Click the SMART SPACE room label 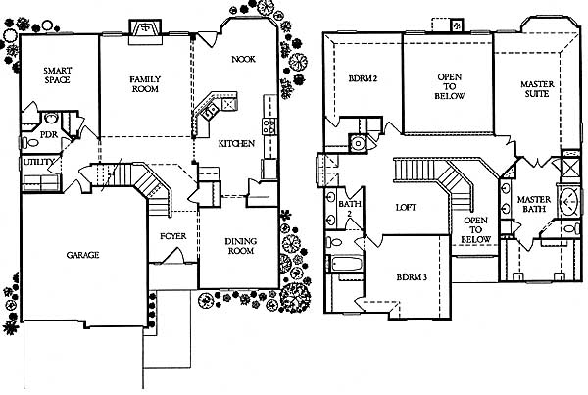[x=58, y=75]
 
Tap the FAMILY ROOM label [x=145, y=84]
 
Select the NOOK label [x=243, y=59]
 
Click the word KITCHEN [x=236, y=144]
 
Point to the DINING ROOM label [x=241, y=246]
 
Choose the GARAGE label [x=82, y=255]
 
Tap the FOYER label [x=172, y=236]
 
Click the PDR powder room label [x=49, y=134]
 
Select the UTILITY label [x=38, y=162]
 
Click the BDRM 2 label [x=363, y=78]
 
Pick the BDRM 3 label [x=412, y=277]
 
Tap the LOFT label [x=406, y=208]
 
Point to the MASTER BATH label [x=534, y=204]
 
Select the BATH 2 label [x=350, y=209]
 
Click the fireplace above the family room [x=145, y=32]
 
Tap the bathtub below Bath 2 [x=346, y=264]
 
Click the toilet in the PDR [x=30, y=143]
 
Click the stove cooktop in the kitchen [x=269, y=126]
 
